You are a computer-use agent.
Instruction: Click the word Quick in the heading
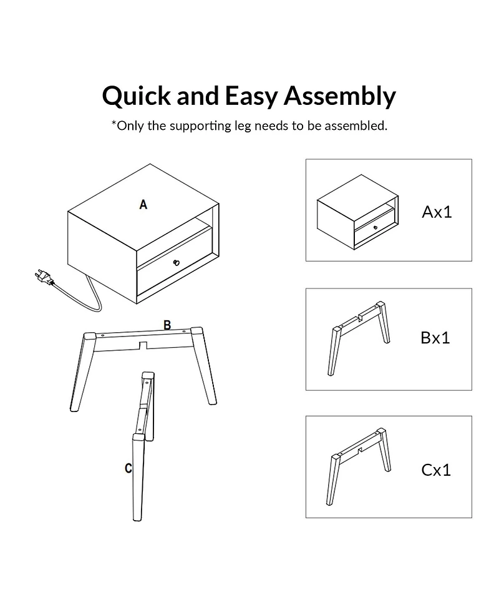pos(136,96)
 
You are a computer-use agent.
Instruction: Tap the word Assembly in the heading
pos(340,96)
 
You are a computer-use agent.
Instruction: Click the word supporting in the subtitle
pos(200,126)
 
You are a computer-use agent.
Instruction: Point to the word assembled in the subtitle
pos(356,125)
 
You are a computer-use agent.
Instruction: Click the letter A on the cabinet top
pos(143,205)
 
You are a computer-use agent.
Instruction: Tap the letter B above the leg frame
pos(167,325)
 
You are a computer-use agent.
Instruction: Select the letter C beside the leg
pos(128,468)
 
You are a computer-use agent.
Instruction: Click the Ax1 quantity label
pos(437,212)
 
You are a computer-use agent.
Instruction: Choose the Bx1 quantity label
pos(435,338)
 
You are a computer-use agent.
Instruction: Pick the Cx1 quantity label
pos(436,470)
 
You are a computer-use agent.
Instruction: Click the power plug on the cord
pos(44,276)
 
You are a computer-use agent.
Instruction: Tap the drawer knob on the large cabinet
pos(177,263)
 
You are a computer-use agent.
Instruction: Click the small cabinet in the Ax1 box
pos(357,212)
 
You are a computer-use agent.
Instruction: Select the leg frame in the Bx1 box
pos(359,338)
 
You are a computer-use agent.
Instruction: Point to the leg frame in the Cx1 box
pos(358,467)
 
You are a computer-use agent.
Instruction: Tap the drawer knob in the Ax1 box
pos(375,228)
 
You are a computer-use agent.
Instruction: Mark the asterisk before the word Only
pos(114,124)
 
